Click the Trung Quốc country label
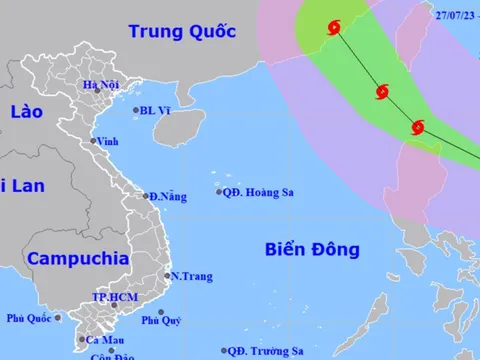pos(182,31)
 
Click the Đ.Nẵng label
pos(168,197)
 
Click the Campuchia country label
pos(78,258)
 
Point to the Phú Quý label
pos(161,320)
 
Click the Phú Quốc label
pos(28,318)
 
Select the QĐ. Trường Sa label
pos(265,351)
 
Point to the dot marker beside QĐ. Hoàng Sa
pos(220,192)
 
